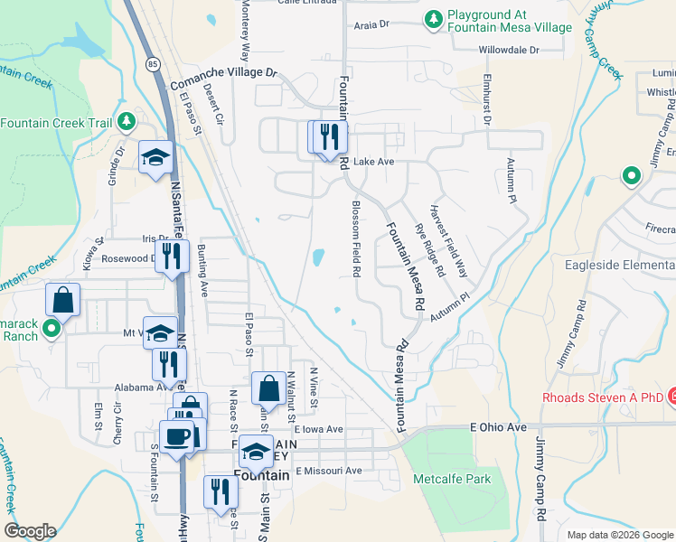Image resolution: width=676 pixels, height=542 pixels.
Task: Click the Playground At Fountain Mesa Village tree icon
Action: tap(434, 18)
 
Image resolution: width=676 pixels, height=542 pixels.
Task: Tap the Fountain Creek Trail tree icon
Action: tap(127, 122)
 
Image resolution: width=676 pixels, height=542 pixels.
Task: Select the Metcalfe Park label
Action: tap(451, 478)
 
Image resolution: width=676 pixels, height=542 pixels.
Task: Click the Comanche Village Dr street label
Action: tap(221, 71)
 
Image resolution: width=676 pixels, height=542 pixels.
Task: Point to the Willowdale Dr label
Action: tap(508, 50)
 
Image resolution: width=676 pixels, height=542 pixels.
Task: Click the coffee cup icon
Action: tap(177, 436)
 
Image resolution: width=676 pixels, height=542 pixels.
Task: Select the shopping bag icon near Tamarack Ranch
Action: tap(63, 299)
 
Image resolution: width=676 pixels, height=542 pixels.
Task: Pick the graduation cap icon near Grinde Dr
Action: tap(155, 156)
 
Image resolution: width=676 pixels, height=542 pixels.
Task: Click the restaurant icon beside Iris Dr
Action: tap(170, 257)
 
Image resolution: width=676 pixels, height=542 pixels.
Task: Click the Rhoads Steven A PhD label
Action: tap(602, 397)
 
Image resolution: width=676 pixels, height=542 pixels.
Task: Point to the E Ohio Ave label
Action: tap(498, 426)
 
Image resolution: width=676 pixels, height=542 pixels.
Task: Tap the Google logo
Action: tap(30, 531)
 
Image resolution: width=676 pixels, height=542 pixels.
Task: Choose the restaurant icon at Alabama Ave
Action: tap(169, 364)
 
